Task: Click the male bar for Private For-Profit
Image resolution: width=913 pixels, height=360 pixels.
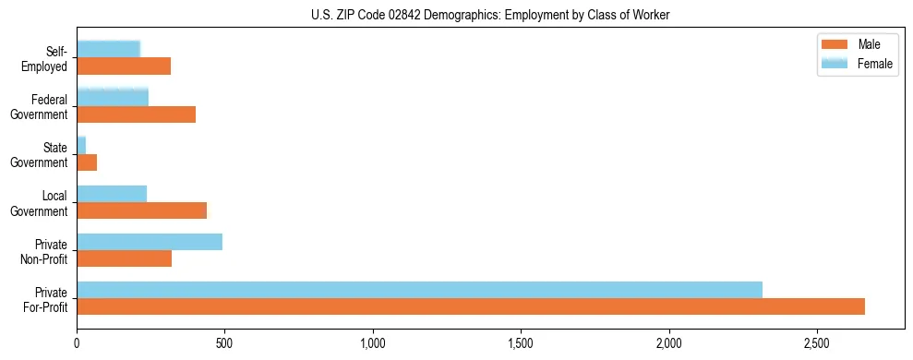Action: click(471, 306)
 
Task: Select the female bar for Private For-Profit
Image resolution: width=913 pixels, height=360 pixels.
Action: click(419, 290)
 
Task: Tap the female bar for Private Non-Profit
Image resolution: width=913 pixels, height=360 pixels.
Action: click(150, 242)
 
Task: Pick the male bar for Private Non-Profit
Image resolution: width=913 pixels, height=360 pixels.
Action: click(124, 258)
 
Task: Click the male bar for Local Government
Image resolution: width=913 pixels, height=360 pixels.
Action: click(141, 210)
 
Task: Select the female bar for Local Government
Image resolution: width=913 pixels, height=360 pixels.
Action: click(112, 194)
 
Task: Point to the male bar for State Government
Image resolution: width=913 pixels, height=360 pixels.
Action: click(87, 162)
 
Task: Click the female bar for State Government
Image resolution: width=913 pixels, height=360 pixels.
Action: click(81, 146)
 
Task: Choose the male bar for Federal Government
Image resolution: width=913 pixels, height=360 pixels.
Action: click(136, 114)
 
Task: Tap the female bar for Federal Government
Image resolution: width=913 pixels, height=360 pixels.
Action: click(113, 98)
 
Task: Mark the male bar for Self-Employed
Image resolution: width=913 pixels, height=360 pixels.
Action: click(124, 66)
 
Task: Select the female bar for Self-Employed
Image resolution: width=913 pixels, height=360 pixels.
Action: click(108, 50)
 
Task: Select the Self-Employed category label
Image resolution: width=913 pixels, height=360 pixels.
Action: click(48, 58)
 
